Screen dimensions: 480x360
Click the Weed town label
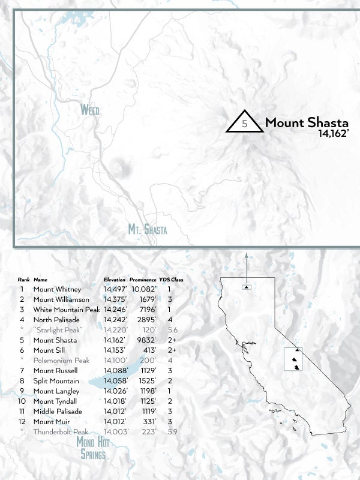tap(90, 110)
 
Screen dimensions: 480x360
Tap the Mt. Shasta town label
tap(148, 229)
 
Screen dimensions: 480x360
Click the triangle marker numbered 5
tap(244, 122)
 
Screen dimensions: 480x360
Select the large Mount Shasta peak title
tap(307, 122)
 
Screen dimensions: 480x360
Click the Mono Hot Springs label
tap(93, 448)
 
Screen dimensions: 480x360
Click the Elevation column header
tap(115, 280)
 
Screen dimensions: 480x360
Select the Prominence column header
tap(143, 280)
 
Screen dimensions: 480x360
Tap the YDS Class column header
tap(171, 280)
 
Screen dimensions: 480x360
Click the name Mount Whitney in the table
tap(57, 289)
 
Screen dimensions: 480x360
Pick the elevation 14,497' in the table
tap(115, 289)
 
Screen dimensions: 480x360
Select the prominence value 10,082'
tap(143, 289)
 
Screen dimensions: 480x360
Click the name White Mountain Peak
tap(66, 310)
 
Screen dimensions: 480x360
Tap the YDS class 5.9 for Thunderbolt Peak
tap(173, 431)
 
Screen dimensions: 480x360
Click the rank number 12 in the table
tap(22, 421)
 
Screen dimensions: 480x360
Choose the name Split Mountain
tap(56, 381)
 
